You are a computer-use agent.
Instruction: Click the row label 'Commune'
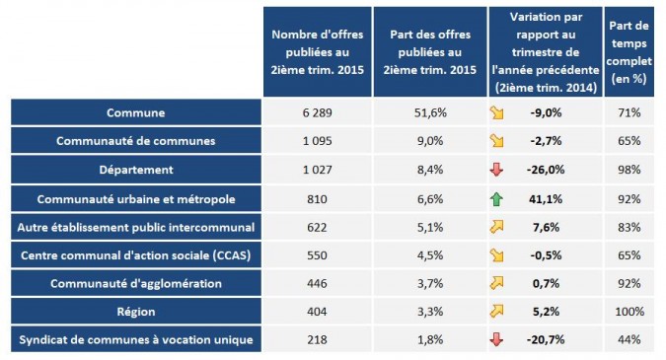(135, 113)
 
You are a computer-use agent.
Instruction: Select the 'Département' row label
(135, 170)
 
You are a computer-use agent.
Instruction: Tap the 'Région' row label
(135, 312)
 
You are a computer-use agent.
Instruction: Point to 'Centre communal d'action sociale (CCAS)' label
(135, 255)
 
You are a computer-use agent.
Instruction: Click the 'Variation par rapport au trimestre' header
(545, 51)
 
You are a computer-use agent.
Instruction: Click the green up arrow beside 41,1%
(497, 198)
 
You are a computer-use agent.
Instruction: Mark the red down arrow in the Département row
(497, 170)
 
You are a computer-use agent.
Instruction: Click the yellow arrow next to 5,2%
(497, 312)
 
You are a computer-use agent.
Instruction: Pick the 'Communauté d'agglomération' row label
(135, 283)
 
